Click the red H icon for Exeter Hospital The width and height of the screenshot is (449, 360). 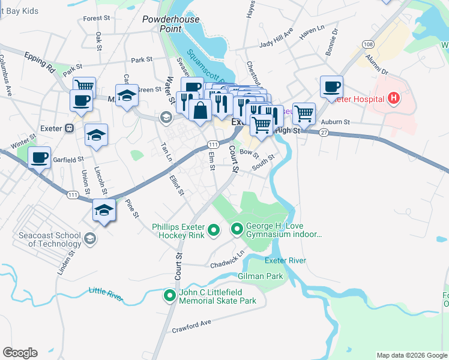[x=394, y=98]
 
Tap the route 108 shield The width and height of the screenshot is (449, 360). [x=368, y=44]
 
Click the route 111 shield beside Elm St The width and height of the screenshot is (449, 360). [x=213, y=145]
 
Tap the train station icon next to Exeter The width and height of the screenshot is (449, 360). [x=70, y=128]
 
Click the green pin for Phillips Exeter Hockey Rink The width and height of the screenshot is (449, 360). [x=212, y=230]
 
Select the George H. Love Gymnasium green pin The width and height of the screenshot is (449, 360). [x=237, y=229]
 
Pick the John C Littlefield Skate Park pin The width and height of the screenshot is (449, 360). [x=170, y=295]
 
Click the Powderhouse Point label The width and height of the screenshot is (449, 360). [x=162, y=24]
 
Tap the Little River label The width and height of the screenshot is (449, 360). [x=106, y=292]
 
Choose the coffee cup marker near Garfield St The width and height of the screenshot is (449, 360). [x=40, y=158]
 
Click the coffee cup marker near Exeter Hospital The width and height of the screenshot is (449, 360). [x=331, y=87]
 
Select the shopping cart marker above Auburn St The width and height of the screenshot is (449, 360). [x=304, y=113]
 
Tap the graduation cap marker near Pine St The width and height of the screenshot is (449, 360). [x=104, y=211]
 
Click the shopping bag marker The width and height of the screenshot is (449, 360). [x=199, y=110]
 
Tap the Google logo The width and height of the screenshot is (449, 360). [x=20, y=353]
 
